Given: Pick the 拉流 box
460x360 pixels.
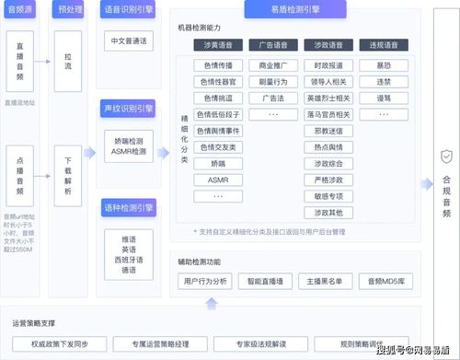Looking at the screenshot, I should (x=67, y=56).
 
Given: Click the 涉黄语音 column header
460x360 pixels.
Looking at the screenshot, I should (x=218, y=43).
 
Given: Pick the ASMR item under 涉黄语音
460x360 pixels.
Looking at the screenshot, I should (x=218, y=180).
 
